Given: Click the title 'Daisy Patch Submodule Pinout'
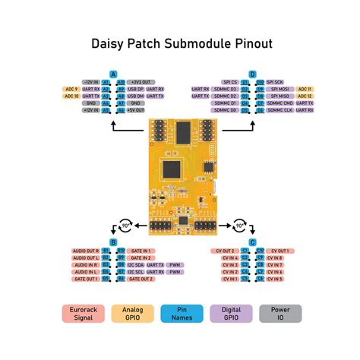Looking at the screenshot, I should [179, 45].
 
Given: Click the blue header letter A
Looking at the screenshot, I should [113, 74].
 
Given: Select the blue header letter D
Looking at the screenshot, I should [253, 74].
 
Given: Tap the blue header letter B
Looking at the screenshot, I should [113, 242].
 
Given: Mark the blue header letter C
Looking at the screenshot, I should [253, 242].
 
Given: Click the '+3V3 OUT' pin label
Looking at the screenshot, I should [141, 81].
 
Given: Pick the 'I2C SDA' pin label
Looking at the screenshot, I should [137, 264].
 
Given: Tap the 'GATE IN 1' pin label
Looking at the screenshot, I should [141, 250].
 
